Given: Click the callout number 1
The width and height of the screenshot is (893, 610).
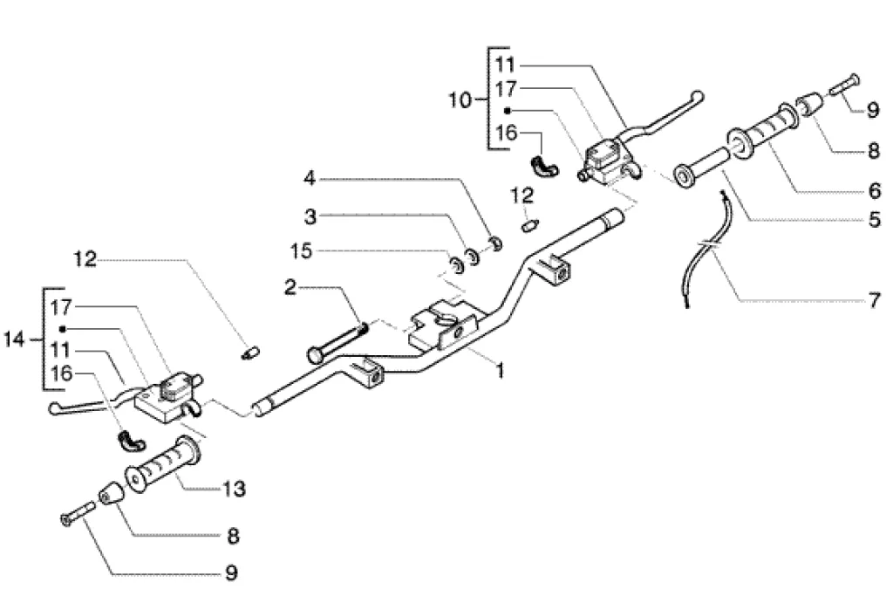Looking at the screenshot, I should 501,371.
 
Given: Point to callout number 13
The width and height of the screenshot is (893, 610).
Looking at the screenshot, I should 235,487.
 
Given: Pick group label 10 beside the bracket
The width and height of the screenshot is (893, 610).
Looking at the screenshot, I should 460,100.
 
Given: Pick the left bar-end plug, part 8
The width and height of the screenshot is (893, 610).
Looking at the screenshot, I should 112,493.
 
